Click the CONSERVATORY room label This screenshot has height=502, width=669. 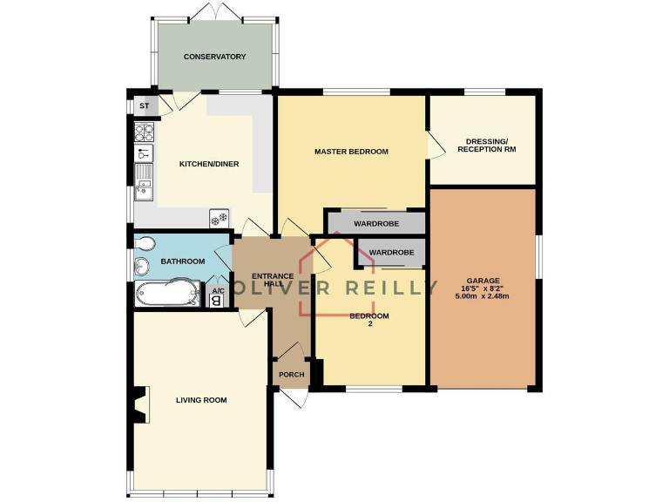point(214,57)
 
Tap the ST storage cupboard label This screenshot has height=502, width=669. point(145,106)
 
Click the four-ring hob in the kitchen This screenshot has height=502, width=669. point(145,132)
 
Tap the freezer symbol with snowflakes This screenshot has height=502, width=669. point(219,219)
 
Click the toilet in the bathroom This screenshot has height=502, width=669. point(145,243)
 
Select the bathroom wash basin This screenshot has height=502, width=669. point(142,266)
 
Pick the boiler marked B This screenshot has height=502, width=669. point(216,301)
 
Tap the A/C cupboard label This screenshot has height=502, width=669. point(216,290)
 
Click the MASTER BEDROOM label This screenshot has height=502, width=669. point(351,152)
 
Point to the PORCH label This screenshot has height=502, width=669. point(291,375)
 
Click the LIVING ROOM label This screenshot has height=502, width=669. point(201,400)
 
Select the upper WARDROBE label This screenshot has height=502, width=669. point(375,224)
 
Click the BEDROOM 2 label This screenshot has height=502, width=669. point(369,321)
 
